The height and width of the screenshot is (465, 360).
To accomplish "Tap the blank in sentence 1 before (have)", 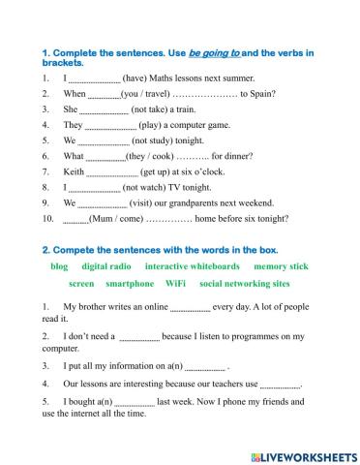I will click(x=94, y=78).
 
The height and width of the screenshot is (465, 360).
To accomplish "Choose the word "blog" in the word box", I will click(x=59, y=264).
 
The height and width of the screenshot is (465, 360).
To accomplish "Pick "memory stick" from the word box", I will click(x=282, y=264).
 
